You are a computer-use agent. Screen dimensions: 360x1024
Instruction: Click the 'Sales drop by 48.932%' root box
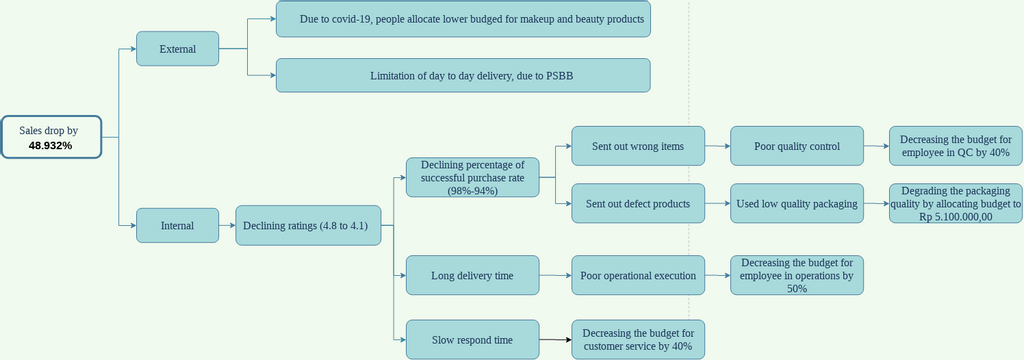(51, 137)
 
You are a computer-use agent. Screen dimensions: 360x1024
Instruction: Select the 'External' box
(177, 48)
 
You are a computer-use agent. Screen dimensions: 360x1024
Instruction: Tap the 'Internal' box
(177, 225)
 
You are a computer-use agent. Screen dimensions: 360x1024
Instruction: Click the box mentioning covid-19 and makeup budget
(463, 19)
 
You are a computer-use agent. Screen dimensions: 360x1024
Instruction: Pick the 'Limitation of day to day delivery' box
(463, 75)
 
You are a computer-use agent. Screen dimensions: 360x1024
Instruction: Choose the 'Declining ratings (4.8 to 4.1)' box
(308, 225)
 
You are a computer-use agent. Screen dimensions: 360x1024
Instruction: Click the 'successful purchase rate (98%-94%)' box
(473, 177)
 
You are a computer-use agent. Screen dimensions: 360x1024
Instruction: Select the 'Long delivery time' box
(473, 275)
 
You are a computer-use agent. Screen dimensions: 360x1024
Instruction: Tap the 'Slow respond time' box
(473, 339)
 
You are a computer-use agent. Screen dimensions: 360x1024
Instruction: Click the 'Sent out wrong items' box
(638, 146)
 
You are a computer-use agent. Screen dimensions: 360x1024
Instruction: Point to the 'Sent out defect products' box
(638, 203)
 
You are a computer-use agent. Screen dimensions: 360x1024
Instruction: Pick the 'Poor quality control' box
(797, 146)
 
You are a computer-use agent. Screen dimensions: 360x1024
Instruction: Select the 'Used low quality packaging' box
(797, 203)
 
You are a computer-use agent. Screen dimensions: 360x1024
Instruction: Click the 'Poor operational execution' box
(638, 275)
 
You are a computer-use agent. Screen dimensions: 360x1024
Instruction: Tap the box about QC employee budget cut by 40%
(955, 146)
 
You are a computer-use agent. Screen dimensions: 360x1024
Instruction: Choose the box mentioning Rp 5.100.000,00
(955, 203)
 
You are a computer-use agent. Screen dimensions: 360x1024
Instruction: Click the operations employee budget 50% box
(797, 275)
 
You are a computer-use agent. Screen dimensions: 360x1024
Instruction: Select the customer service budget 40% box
(638, 339)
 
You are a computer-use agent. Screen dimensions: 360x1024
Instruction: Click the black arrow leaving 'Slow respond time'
(555, 340)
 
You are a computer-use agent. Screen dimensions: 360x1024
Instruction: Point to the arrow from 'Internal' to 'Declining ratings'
(227, 225)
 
